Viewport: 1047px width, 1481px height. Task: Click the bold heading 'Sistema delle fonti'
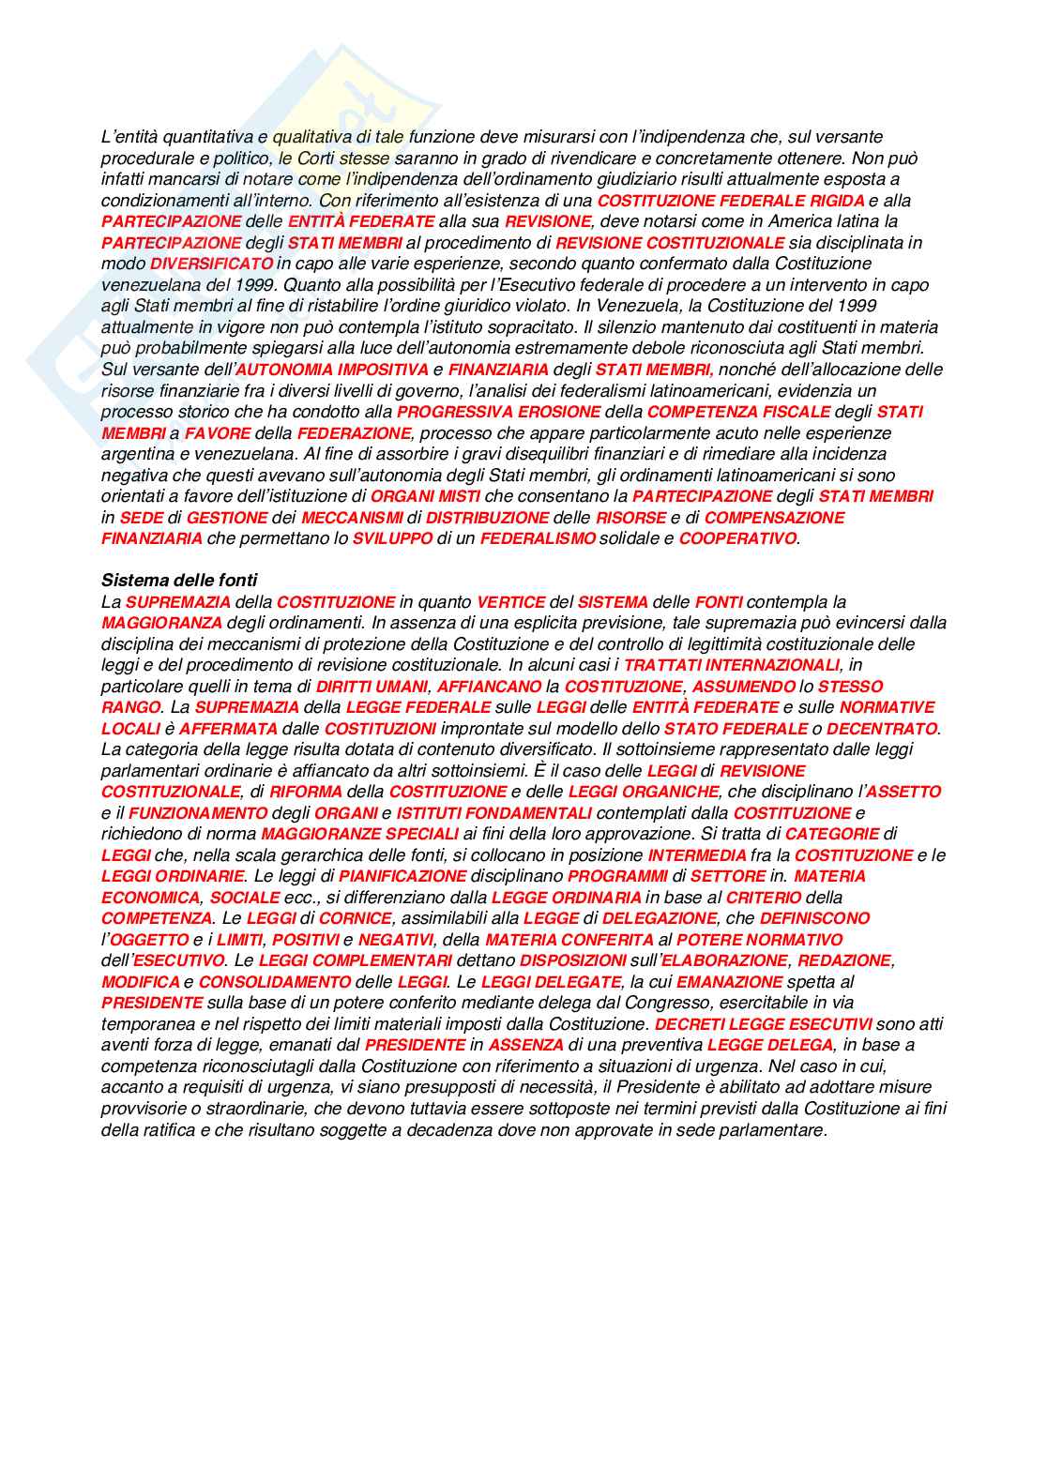click(179, 581)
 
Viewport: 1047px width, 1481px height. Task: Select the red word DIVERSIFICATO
click(211, 264)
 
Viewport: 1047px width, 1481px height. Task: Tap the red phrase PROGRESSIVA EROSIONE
click(498, 412)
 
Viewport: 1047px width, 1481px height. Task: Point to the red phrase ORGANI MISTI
click(426, 496)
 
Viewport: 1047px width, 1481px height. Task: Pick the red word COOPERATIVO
click(737, 538)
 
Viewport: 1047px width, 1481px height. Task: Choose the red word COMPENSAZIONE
click(774, 518)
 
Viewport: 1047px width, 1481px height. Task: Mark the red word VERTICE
click(510, 602)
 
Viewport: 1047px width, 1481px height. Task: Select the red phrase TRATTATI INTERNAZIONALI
click(732, 665)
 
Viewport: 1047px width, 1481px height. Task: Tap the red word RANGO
click(130, 707)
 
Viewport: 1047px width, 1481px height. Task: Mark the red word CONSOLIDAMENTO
click(275, 982)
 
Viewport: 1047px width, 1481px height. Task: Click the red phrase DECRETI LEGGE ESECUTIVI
click(763, 1024)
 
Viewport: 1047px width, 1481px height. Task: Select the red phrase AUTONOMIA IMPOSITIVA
click(332, 370)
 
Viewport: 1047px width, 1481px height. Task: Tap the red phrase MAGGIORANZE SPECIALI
click(359, 834)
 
